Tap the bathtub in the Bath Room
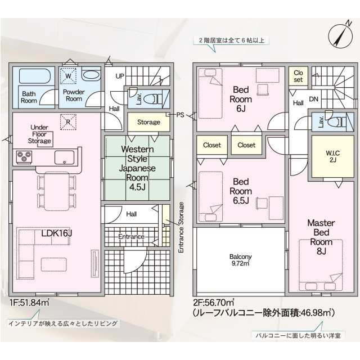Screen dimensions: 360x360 [x=35, y=76]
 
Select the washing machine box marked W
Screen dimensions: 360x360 [x=68, y=76]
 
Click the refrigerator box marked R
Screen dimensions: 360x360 [x=68, y=122]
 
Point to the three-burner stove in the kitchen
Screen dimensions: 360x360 [x=24, y=157]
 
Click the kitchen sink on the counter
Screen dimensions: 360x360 [x=64, y=157]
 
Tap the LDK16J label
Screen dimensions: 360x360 [x=57, y=233]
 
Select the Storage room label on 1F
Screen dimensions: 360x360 [x=148, y=122]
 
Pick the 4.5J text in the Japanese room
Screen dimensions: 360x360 [x=137, y=187]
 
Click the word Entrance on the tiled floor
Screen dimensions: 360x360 [x=131, y=236]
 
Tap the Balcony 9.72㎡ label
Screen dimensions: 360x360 [x=240, y=260]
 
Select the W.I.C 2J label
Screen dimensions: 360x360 [x=332, y=156]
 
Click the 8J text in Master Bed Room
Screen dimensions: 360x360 [x=321, y=251]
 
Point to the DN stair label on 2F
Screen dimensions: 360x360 [x=314, y=99]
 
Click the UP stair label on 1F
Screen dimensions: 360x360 [x=120, y=76]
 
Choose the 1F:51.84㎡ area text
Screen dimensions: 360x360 [x=30, y=303]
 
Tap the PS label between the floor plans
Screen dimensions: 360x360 [x=180, y=115]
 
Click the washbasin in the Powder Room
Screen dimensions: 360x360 [x=91, y=75]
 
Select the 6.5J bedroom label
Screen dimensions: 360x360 [x=241, y=200]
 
